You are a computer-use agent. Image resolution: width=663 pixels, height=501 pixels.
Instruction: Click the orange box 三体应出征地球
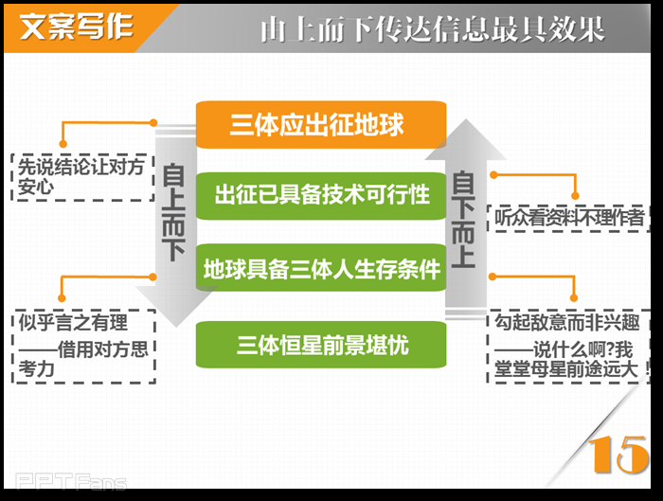(320, 124)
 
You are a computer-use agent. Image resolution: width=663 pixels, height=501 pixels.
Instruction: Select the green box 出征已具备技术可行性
(320, 195)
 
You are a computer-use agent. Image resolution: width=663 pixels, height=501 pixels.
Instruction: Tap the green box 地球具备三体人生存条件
(320, 269)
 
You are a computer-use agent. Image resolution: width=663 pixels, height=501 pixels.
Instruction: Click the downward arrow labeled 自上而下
(173, 227)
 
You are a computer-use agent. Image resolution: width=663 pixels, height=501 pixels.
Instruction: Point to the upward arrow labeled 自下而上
(463, 218)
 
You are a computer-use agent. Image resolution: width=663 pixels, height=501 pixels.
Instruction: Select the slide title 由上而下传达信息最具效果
(432, 29)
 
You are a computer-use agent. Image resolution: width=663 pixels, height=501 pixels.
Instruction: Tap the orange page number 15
(619, 456)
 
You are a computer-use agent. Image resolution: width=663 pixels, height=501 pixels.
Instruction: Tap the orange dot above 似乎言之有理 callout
(153, 277)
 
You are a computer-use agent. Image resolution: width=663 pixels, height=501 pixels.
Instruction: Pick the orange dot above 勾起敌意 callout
(493, 276)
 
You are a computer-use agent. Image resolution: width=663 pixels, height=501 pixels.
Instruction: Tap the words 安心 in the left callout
(36, 187)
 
